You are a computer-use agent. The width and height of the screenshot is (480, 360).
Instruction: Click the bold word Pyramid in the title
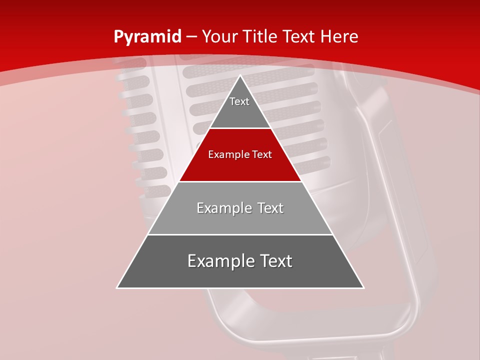tap(147, 37)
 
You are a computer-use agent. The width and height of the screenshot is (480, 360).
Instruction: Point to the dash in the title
tap(191, 37)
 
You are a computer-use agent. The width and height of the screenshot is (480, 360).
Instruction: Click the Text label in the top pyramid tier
tap(239, 101)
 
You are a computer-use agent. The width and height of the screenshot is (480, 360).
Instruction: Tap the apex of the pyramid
tap(240, 76)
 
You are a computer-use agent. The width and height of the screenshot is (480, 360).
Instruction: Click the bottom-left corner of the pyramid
tap(118, 287)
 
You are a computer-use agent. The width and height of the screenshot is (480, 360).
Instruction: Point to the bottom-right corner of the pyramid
tap(363, 287)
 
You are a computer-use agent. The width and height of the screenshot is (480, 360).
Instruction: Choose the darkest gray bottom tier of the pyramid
tap(240, 275)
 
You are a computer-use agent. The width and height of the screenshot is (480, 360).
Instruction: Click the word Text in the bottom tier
tap(275, 261)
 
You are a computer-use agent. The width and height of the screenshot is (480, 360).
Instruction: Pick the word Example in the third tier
tap(223, 208)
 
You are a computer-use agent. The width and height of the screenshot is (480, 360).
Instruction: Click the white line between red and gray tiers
tap(240, 181)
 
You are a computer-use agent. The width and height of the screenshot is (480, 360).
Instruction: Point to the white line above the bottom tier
tap(240, 234)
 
